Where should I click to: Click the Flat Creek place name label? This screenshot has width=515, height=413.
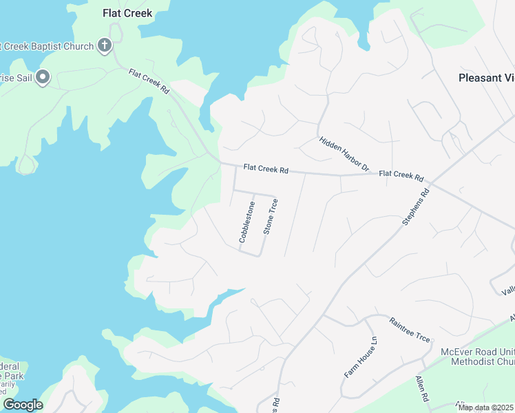127,13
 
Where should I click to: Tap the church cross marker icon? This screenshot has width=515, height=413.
104,46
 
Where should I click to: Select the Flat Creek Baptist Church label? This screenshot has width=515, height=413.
47,47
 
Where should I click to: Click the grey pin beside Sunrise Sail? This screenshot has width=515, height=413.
43,77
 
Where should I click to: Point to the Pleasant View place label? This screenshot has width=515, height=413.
486,78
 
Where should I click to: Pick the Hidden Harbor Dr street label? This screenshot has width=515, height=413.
344,154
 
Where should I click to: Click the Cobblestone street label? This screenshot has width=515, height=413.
247,222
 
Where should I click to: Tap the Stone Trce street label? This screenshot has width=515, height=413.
271,216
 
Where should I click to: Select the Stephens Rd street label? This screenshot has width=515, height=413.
414,206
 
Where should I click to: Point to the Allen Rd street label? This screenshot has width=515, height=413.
421,390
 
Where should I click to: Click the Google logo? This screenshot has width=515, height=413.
23,405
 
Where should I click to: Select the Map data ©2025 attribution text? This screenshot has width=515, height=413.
485,407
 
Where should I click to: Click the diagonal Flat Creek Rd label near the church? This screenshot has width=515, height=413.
149,82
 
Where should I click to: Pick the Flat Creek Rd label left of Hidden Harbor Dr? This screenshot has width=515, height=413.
265,169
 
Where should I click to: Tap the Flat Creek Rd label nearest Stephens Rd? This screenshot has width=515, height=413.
401,175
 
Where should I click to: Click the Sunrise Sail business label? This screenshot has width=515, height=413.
15,78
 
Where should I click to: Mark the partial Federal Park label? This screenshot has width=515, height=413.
12,376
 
